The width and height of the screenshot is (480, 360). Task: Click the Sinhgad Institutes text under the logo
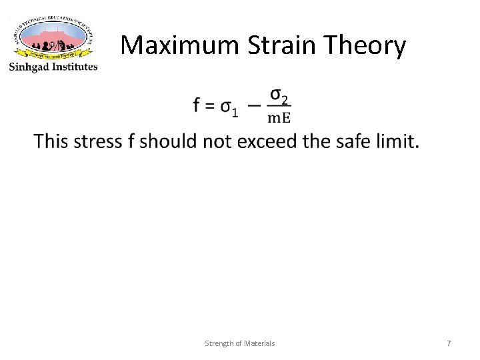pyautogui.click(x=53, y=66)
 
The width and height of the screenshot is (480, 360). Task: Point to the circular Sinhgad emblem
pyautogui.click(x=53, y=37)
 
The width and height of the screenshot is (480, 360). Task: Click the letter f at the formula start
pyautogui.click(x=197, y=105)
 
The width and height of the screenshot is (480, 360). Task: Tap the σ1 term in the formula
pyautogui.click(x=229, y=107)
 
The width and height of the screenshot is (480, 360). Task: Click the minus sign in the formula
pyautogui.click(x=253, y=105)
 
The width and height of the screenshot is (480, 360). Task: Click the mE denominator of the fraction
pyautogui.click(x=279, y=117)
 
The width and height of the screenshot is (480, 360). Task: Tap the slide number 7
pyautogui.click(x=449, y=343)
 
